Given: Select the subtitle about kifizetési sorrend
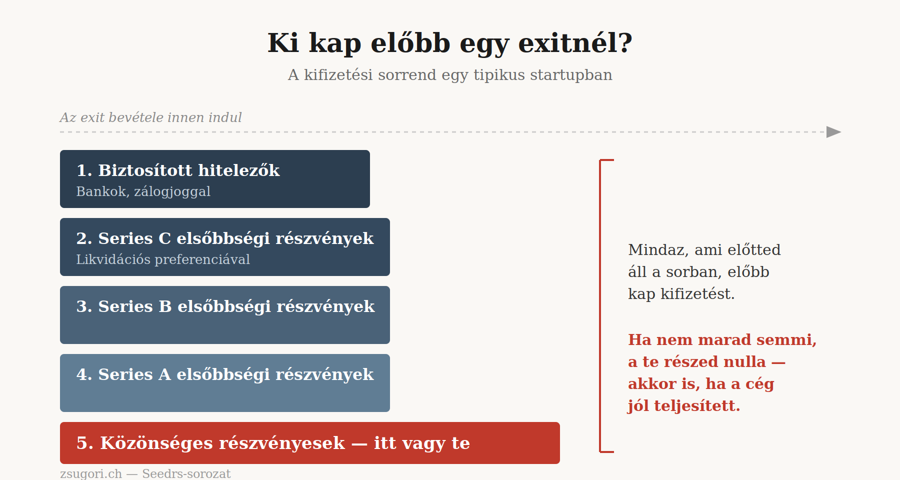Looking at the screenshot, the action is [x=450, y=74].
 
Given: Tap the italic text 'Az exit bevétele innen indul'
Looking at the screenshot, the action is [x=150, y=117].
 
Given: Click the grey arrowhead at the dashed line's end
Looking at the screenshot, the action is [x=833, y=132].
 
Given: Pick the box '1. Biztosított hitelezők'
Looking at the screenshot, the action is [x=215, y=179].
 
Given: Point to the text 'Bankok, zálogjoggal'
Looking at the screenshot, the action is [x=143, y=191].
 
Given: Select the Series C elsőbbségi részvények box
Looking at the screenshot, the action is [x=225, y=247].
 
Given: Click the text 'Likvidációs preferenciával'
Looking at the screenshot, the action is [x=163, y=259].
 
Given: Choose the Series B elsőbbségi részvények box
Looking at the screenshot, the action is [x=225, y=315].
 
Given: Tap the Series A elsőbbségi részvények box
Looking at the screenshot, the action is [x=225, y=383].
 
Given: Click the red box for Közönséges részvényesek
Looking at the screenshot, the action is [x=310, y=443].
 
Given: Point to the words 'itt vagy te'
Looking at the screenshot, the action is [x=422, y=443].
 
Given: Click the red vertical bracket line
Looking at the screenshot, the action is [x=600, y=306].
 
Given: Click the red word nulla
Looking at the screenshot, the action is [x=744, y=361].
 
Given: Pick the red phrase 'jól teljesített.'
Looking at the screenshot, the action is [x=684, y=405].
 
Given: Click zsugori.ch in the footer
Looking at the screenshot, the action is [x=91, y=473].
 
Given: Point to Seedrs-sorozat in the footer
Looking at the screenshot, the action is [x=186, y=473].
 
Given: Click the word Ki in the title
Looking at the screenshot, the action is [x=283, y=43].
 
